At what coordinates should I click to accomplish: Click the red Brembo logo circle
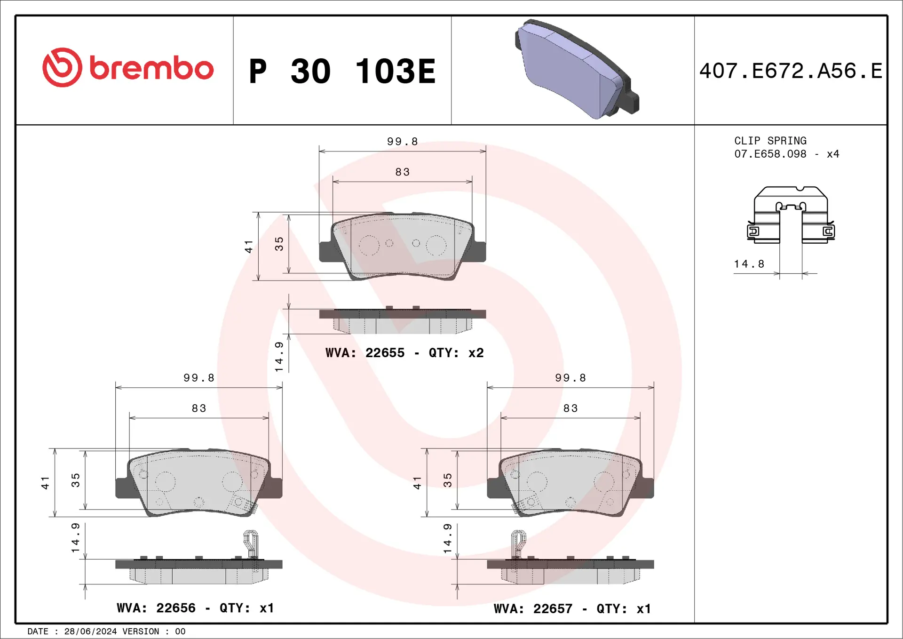(x=62, y=67)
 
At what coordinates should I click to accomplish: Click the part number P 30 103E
(x=342, y=72)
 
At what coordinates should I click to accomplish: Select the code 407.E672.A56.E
(x=791, y=71)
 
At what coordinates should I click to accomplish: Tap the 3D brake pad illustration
(x=577, y=69)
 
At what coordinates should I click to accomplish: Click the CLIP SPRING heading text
(x=770, y=141)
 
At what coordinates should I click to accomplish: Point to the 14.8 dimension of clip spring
(x=749, y=264)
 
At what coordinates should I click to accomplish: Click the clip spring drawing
(x=791, y=215)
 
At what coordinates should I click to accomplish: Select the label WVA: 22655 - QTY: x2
(x=404, y=353)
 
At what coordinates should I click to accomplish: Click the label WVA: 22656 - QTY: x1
(x=195, y=608)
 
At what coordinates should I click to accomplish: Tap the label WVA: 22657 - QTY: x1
(x=572, y=609)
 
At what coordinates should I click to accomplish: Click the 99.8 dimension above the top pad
(x=402, y=142)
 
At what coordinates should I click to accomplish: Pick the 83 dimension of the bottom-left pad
(x=199, y=408)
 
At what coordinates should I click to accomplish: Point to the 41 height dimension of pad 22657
(x=417, y=483)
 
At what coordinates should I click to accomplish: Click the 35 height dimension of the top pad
(x=279, y=244)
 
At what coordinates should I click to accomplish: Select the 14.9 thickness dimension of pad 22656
(x=75, y=537)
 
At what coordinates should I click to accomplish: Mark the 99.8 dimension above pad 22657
(x=570, y=378)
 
